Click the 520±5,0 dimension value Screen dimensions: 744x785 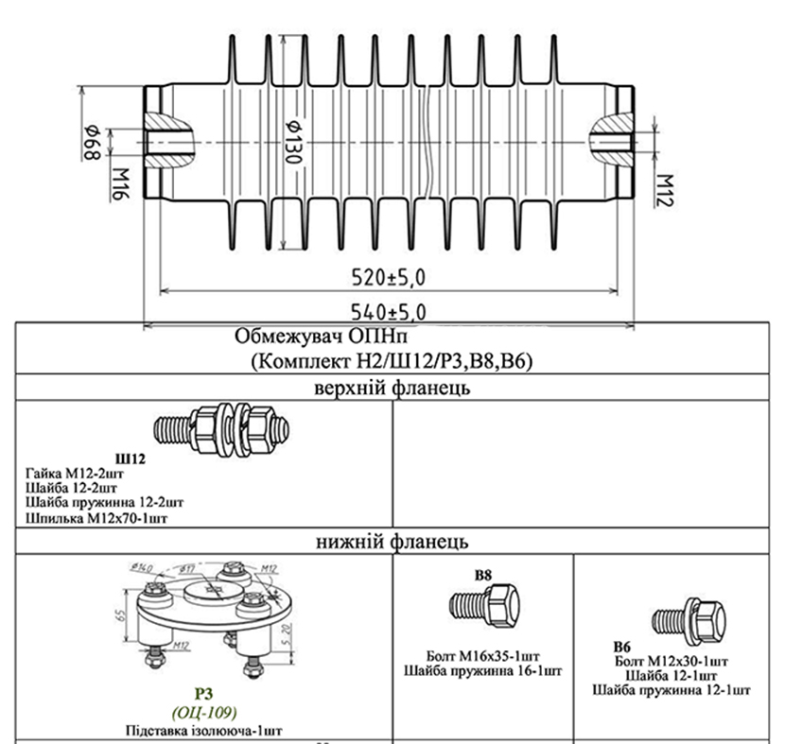point(389,277)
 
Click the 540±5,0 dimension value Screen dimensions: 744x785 point(389,311)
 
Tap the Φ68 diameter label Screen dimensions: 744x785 point(93,142)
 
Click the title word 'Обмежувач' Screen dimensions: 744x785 point(281,337)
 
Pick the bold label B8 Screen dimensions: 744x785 point(484,573)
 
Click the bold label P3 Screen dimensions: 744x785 point(204,695)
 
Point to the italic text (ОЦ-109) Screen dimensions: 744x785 point(204,712)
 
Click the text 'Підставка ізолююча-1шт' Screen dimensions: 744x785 point(204,730)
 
